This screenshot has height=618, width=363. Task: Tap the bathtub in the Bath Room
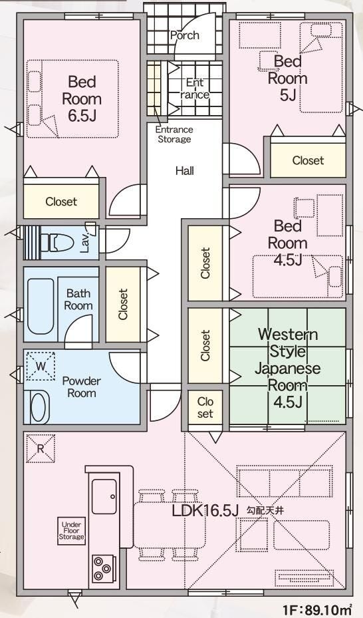[x=41, y=306]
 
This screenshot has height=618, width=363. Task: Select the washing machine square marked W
[x=41, y=366]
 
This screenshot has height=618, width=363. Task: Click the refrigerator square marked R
[x=41, y=448]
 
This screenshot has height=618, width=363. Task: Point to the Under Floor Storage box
[x=71, y=531]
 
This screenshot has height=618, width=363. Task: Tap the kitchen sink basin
[x=104, y=496]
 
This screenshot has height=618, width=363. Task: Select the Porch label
[x=185, y=35]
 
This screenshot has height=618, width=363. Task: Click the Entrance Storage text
[x=174, y=134]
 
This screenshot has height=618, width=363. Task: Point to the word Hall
[x=185, y=171]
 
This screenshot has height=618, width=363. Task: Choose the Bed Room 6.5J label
[x=82, y=99]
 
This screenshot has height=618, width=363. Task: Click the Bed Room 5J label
[x=288, y=78]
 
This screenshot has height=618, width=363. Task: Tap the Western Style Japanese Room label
[x=288, y=368]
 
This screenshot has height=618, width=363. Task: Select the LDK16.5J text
[x=205, y=511]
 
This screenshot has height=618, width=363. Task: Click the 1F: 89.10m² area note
[x=318, y=609]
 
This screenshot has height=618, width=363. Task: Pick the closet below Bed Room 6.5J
[x=61, y=202]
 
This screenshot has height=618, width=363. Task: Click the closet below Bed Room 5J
[x=308, y=160]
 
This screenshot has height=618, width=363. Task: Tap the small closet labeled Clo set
[x=205, y=408]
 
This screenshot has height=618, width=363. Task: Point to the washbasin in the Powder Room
[x=39, y=406]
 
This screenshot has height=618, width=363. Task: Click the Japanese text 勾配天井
[x=265, y=511]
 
